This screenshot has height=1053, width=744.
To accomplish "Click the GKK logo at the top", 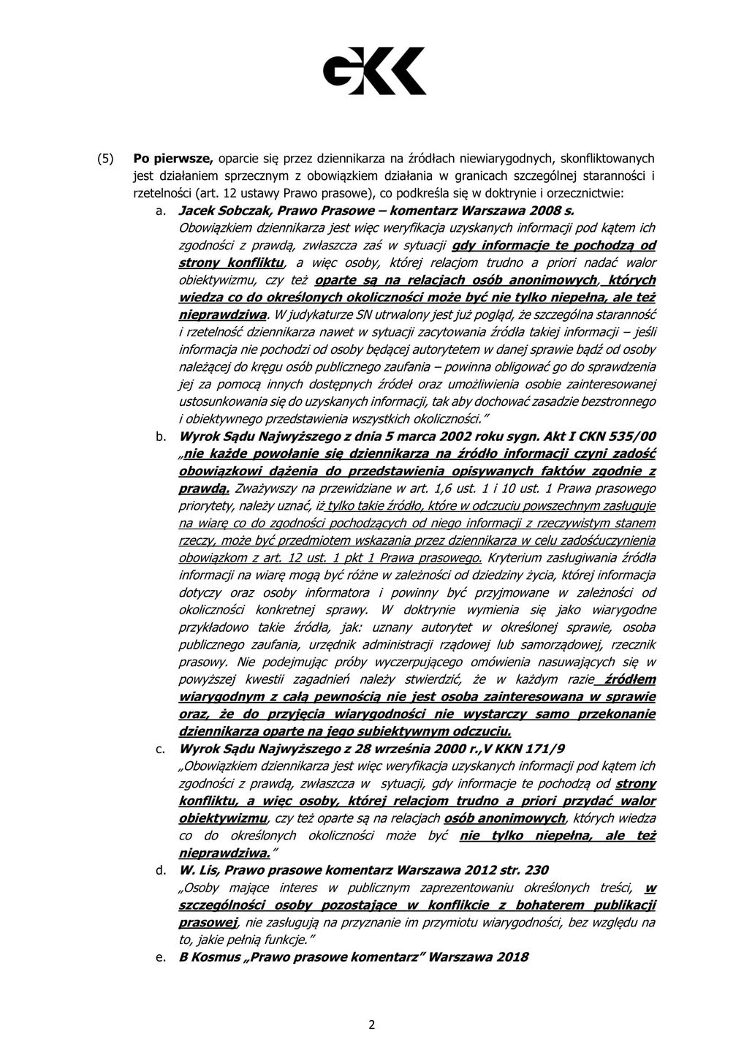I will pyautogui.click(x=374, y=70).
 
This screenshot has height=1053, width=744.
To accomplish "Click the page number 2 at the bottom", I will pyautogui.click(x=371, y=1024).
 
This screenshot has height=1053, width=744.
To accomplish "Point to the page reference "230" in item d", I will pyautogui.click(x=536, y=870).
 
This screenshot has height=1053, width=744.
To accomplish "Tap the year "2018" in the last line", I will pyautogui.click(x=511, y=957).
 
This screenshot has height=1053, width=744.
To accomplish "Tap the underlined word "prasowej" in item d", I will pyautogui.click(x=208, y=923).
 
